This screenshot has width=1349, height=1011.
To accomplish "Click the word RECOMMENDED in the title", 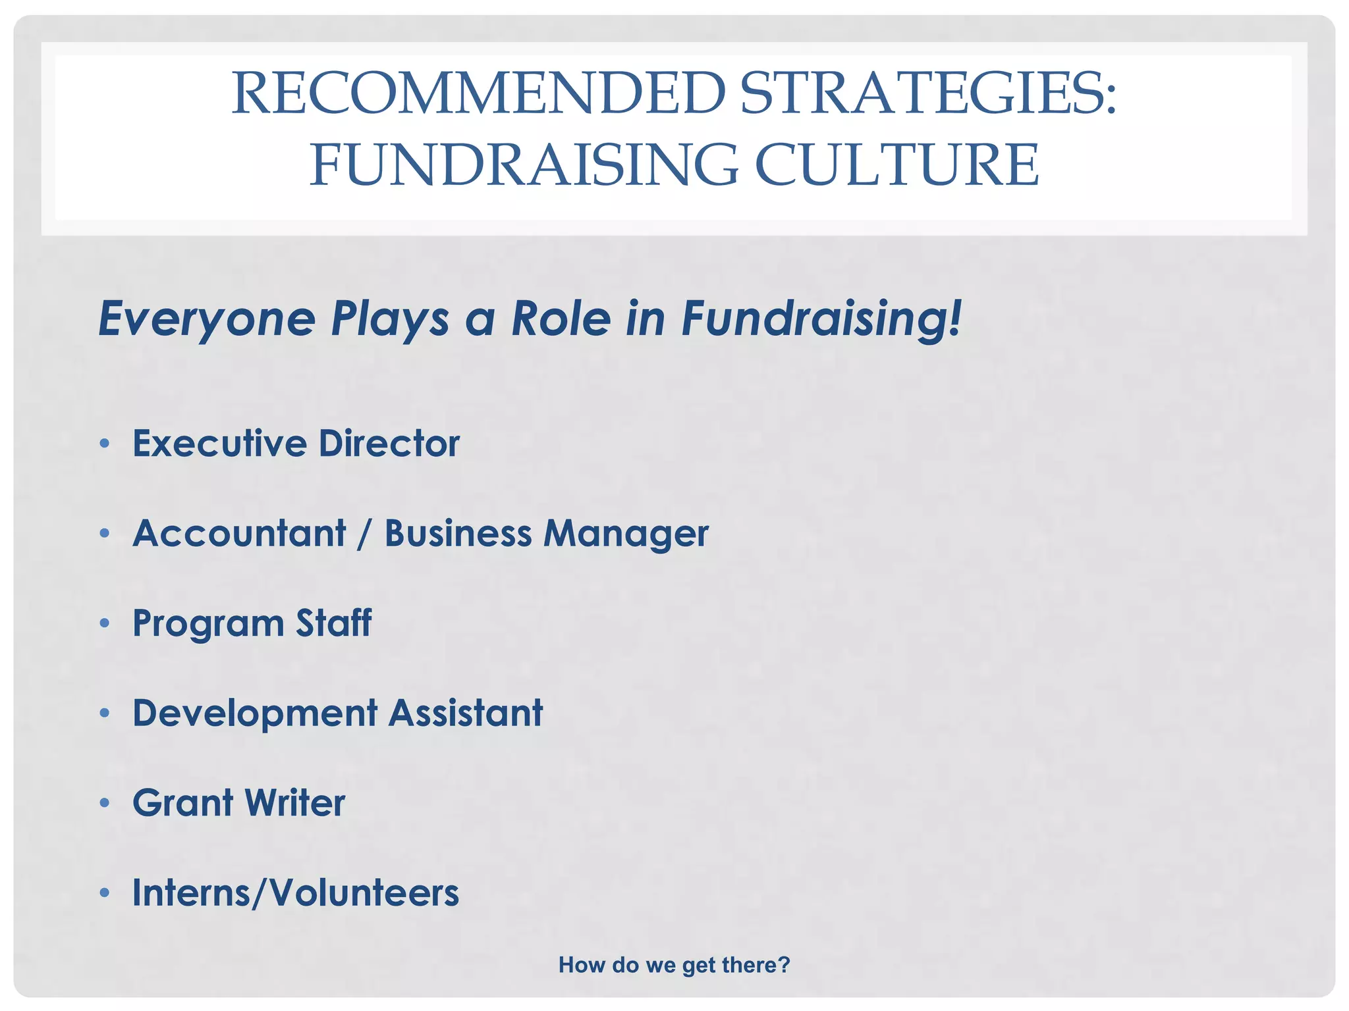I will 478,93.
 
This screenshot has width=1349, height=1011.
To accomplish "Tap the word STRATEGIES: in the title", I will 928,93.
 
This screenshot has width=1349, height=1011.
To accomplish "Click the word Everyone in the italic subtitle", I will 207,320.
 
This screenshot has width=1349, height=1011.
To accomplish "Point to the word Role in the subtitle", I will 561,319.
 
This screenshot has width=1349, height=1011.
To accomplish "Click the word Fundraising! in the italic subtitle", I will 821,320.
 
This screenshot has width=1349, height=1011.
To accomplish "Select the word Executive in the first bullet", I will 219,443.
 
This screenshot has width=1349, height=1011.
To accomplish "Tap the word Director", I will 389,443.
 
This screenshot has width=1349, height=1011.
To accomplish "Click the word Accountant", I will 239,533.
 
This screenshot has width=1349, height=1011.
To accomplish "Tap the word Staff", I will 333,623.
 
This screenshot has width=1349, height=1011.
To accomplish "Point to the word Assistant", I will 466,713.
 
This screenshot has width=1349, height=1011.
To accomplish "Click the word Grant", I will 183,803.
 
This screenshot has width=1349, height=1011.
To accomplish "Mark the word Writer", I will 294,803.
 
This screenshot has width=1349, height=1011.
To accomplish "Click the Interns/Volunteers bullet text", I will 296,893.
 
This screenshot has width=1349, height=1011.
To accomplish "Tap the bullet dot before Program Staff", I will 104,623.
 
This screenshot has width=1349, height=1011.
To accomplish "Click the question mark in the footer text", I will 784,965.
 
